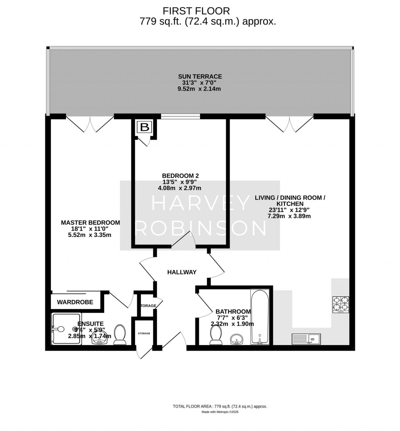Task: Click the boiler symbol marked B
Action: point(145,127)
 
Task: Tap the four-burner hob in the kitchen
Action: point(341,305)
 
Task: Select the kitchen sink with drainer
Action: point(306,339)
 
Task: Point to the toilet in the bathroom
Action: point(216,336)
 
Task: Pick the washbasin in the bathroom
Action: point(237,339)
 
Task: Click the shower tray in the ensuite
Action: point(67,329)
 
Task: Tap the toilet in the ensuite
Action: point(120,336)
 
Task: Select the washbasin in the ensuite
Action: point(99,339)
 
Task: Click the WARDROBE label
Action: point(75,302)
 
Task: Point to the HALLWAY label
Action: point(182,272)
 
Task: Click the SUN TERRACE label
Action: point(200,77)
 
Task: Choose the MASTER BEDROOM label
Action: point(90,223)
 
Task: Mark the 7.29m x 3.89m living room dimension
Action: point(289,216)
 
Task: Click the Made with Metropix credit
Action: point(220,412)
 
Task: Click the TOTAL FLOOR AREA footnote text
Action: point(220,406)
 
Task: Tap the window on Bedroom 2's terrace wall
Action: point(180,116)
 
